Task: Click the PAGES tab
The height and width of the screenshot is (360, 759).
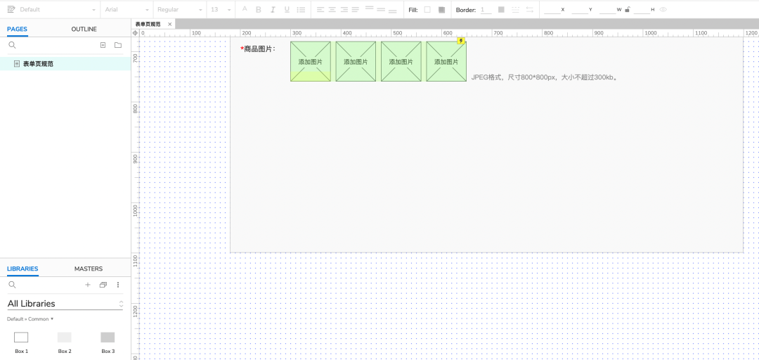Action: click(17, 29)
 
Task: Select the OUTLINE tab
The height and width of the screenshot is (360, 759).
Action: click(84, 29)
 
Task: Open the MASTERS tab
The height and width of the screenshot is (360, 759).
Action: click(89, 269)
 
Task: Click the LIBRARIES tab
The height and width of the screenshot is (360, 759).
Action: click(22, 269)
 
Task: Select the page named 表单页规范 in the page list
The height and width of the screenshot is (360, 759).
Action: click(38, 64)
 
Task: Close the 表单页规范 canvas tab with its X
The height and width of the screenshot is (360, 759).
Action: click(169, 24)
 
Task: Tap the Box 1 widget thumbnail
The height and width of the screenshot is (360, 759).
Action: click(21, 337)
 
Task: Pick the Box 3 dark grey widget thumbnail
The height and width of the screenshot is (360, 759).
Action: click(108, 337)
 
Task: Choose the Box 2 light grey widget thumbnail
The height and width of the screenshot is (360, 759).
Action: click(65, 337)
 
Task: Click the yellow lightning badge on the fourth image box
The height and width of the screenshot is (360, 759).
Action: click(461, 41)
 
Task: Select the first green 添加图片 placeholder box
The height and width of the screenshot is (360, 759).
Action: click(310, 61)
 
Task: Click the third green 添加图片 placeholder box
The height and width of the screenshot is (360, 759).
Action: click(401, 61)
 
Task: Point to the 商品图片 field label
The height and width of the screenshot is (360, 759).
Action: click(258, 49)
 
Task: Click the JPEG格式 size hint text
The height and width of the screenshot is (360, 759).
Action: click(545, 77)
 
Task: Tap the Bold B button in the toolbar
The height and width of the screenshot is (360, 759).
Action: click(259, 10)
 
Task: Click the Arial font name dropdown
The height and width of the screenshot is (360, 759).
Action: click(126, 10)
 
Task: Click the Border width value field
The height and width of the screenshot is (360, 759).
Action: click(486, 10)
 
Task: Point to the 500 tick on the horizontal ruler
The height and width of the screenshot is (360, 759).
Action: click(397, 33)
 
